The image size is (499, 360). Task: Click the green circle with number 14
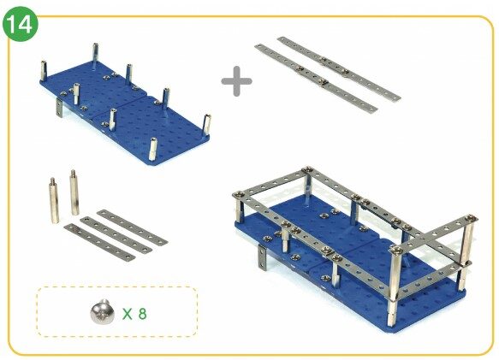pos(21,25)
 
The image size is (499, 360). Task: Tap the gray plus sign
pos(236,81)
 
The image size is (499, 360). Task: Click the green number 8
pos(143,314)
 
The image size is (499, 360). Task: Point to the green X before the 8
pos(128,314)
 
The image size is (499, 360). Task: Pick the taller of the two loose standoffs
pos(74,192)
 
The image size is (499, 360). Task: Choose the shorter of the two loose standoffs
pos(54,200)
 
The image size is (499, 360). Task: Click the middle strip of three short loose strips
pos(116,235)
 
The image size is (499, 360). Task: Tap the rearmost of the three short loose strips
pos(133,227)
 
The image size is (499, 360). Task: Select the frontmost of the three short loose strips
pos(99,242)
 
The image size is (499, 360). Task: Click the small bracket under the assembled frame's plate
pos(262,258)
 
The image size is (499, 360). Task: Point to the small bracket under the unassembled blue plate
pos(59,108)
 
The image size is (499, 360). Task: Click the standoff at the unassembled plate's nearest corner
pos(153,149)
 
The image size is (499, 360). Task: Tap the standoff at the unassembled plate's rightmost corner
pos(206,125)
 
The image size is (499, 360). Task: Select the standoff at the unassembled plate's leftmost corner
pos(44,70)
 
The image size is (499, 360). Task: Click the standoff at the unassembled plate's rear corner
pos(96,53)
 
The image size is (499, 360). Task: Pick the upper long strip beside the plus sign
pos(339,68)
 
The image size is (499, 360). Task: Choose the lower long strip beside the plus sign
pos(316,79)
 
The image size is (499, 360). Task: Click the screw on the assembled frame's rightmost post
pos(470,219)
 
